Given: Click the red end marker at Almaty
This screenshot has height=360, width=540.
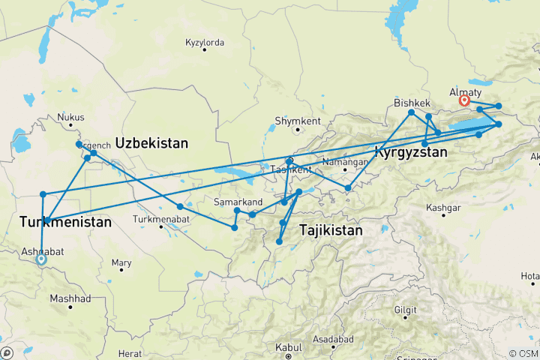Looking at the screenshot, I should (464, 100).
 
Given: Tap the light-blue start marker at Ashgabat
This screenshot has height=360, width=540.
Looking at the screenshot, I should (41, 259).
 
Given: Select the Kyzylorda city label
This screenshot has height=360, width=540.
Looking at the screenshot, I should (205, 43).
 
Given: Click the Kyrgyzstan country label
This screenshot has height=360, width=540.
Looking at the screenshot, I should (410, 152).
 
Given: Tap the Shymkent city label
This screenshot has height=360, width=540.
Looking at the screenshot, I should (298, 121).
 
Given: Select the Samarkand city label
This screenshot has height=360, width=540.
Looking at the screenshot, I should (238, 202).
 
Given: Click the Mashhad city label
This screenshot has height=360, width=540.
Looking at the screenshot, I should (70, 298).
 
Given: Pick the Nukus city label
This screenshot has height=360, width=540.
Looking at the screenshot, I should (71, 117).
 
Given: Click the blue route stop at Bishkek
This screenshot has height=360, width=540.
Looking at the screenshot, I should (412, 112).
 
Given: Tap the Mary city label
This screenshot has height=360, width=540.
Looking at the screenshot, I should (121, 263).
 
